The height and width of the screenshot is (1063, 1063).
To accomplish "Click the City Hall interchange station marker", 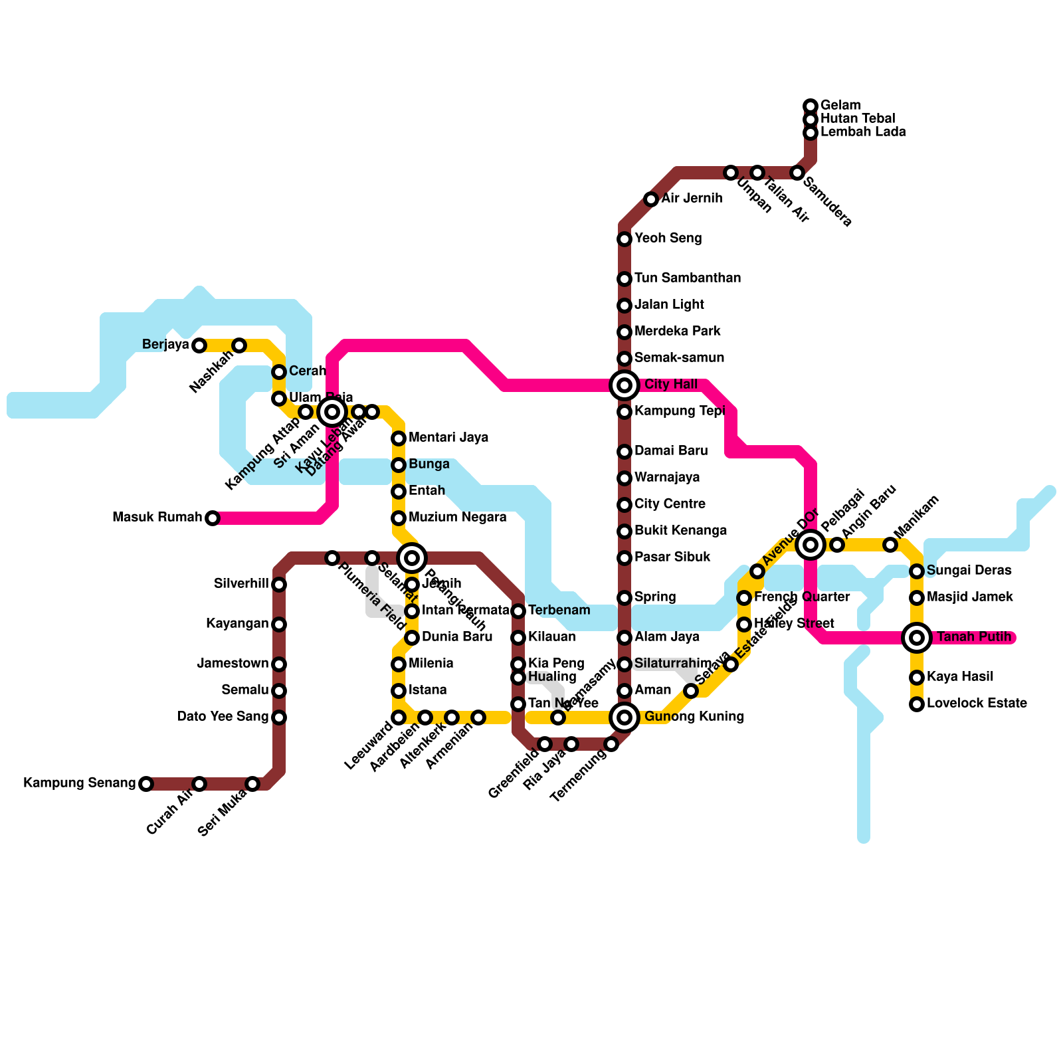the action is tap(625, 385).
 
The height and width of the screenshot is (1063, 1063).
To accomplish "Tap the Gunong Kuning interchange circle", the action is tap(625, 718).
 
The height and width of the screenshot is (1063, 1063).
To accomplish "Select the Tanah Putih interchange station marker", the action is tap(917, 638).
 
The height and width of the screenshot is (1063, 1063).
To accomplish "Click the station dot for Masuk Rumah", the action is tap(213, 518).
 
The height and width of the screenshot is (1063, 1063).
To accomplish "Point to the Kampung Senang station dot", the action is tap(146, 784).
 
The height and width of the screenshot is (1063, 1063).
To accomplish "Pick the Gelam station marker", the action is tap(811, 106).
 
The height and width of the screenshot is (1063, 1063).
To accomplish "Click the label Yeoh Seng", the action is tap(668, 239).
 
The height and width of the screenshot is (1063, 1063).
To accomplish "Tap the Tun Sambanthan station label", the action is tap(688, 278).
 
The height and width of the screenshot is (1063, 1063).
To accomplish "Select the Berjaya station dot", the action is tap(199, 345).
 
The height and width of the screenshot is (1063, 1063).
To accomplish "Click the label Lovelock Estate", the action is tap(977, 704).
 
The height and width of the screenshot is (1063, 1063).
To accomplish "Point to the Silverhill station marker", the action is tap(279, 585).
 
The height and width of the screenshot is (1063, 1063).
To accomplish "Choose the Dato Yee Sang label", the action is tap(223, 717).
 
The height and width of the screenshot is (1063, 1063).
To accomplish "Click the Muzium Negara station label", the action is tap(458, 518).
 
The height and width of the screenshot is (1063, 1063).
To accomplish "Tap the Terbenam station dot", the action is tap(518, 611).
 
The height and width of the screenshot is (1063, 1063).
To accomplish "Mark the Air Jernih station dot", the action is tap(651, 199).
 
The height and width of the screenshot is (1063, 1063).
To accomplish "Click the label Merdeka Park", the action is tap(678, 332).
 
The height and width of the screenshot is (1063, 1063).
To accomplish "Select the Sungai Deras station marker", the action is tap(917, 571).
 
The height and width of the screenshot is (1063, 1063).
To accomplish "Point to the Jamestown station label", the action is tap(233, 664).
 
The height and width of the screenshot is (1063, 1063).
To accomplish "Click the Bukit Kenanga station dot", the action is tap(625, 531).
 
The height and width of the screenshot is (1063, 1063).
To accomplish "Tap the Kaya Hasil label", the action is tap(960, 677).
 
